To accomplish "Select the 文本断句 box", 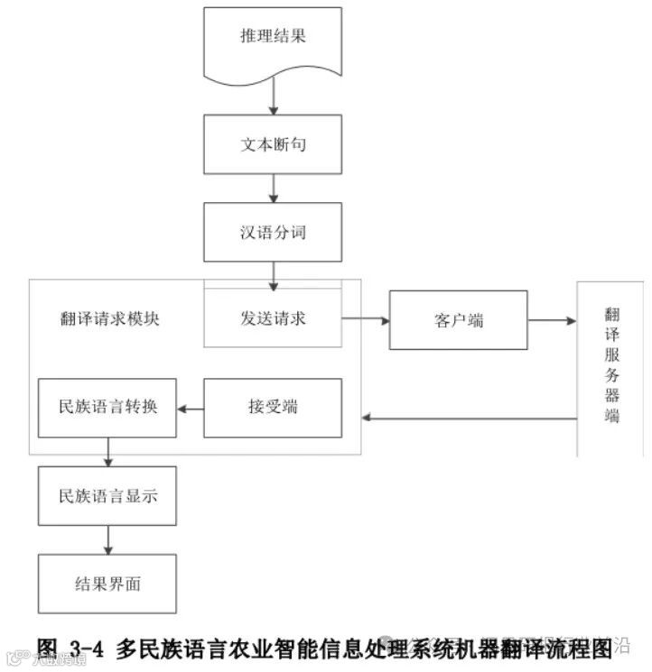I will [x=273, y=144].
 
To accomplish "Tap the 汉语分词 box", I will [x=273, y=232].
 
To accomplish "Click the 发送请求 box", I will [x=273, y=318].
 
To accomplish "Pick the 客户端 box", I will [x=458, y=319].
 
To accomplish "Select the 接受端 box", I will [x=273, y=408].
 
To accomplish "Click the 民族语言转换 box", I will [x=107, y=408].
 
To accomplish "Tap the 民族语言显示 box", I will [x=107, y=495].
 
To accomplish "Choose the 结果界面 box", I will [x=107, y=584].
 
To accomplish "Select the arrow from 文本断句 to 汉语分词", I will [x=273, y=188].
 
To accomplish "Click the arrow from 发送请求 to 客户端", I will [x=365, y=319].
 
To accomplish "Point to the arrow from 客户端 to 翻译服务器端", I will [x=552, y=319].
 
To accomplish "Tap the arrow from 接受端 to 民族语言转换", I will [x=190, y=409].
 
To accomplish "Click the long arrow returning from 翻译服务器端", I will [x=470, y=418].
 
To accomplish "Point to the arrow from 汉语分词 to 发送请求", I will [x=273, y=272].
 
